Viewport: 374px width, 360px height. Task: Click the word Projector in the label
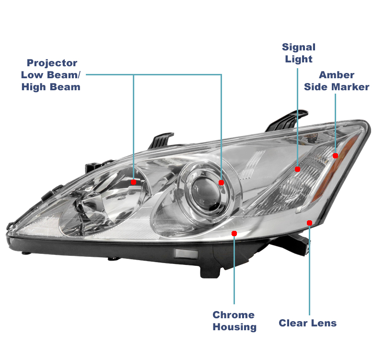click(x=52, y=63)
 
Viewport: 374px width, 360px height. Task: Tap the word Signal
click(x=299, y=47)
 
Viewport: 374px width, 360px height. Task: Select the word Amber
click(x=337, y=75)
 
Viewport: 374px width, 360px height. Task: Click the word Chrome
click(x=234, y=315)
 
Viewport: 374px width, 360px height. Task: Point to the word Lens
click(x=324, y=323)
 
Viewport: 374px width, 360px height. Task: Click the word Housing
click(x=234, y=327)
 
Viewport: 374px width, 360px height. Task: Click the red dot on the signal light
click(x=297, y=169)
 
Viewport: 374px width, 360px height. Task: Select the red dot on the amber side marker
click(x=335, y=156)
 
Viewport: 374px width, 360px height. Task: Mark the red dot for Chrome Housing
click(x=234, y=233)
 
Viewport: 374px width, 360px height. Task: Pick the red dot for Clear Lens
click(x=310, y=223)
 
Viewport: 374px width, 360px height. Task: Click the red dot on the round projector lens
click(x=222, y=182)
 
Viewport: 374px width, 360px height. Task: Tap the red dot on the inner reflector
click(x=134, y=182)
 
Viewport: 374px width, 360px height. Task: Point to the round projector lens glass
click(x=206, y=194)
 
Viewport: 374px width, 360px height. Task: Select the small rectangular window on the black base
click(x=186, y=253)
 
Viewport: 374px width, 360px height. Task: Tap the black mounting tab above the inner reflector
click(x=161, y=140)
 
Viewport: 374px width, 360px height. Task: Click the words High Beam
click(x=51, y=87)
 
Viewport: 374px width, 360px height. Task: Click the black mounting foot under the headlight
click(x=210, y=271)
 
